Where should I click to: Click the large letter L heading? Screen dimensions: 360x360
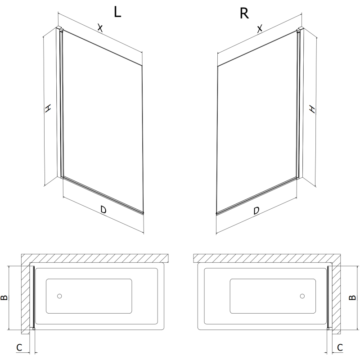point(117,12)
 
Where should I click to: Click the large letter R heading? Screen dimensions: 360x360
point(244,13)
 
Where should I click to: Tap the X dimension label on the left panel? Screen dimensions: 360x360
point(100,28)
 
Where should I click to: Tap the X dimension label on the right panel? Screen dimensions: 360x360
point(260,29)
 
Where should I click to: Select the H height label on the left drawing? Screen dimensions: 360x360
point(48,108)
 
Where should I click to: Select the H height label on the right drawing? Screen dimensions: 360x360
point(312,109)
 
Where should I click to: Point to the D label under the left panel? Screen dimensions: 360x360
point(103,209)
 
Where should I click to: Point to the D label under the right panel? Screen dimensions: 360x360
point(256,211)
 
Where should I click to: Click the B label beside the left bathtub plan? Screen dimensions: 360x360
point(4,297)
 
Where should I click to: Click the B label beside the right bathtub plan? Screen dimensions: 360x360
point(352,297)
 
